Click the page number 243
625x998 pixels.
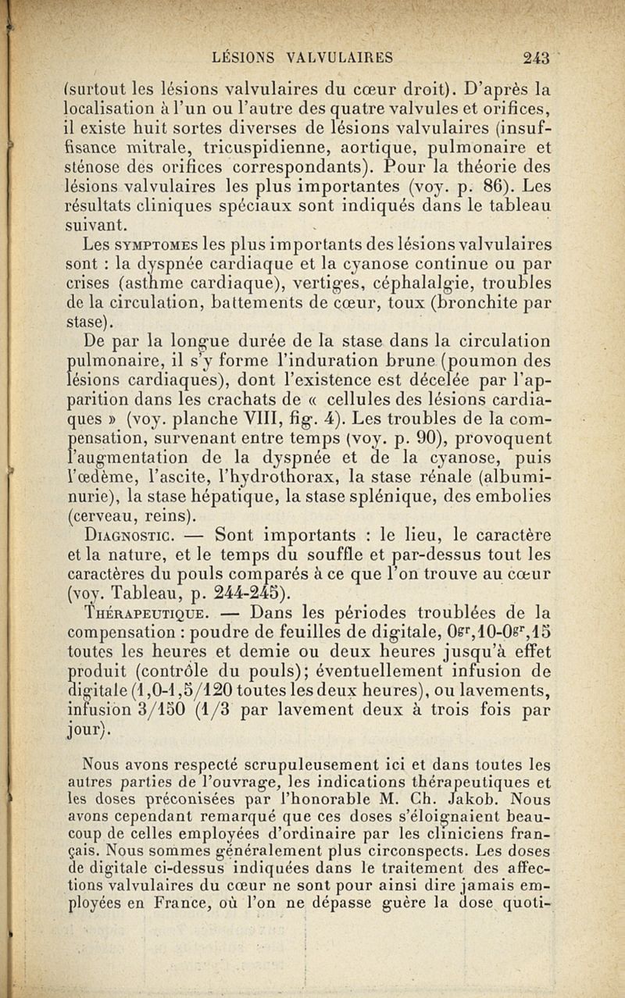(x=537, y=56)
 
